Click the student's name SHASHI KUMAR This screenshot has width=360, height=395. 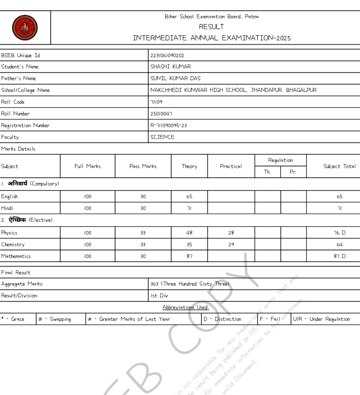(170, 67)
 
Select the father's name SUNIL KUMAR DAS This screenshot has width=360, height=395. (175, 79)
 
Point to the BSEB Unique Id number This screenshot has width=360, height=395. (167, 55)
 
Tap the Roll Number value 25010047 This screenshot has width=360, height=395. (161, 113)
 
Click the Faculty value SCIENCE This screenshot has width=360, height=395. (162, 137)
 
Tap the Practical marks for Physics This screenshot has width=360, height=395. (231, 233)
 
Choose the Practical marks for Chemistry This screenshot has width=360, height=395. (231, 245)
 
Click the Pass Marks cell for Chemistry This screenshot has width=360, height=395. (143, 245)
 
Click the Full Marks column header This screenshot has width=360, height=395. (87, 167)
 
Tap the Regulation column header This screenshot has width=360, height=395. (281, 160)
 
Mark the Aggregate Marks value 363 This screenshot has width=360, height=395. (190, 284)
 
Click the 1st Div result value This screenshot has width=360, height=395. (159, 295)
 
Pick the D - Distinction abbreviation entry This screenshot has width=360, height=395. (223, 319)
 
